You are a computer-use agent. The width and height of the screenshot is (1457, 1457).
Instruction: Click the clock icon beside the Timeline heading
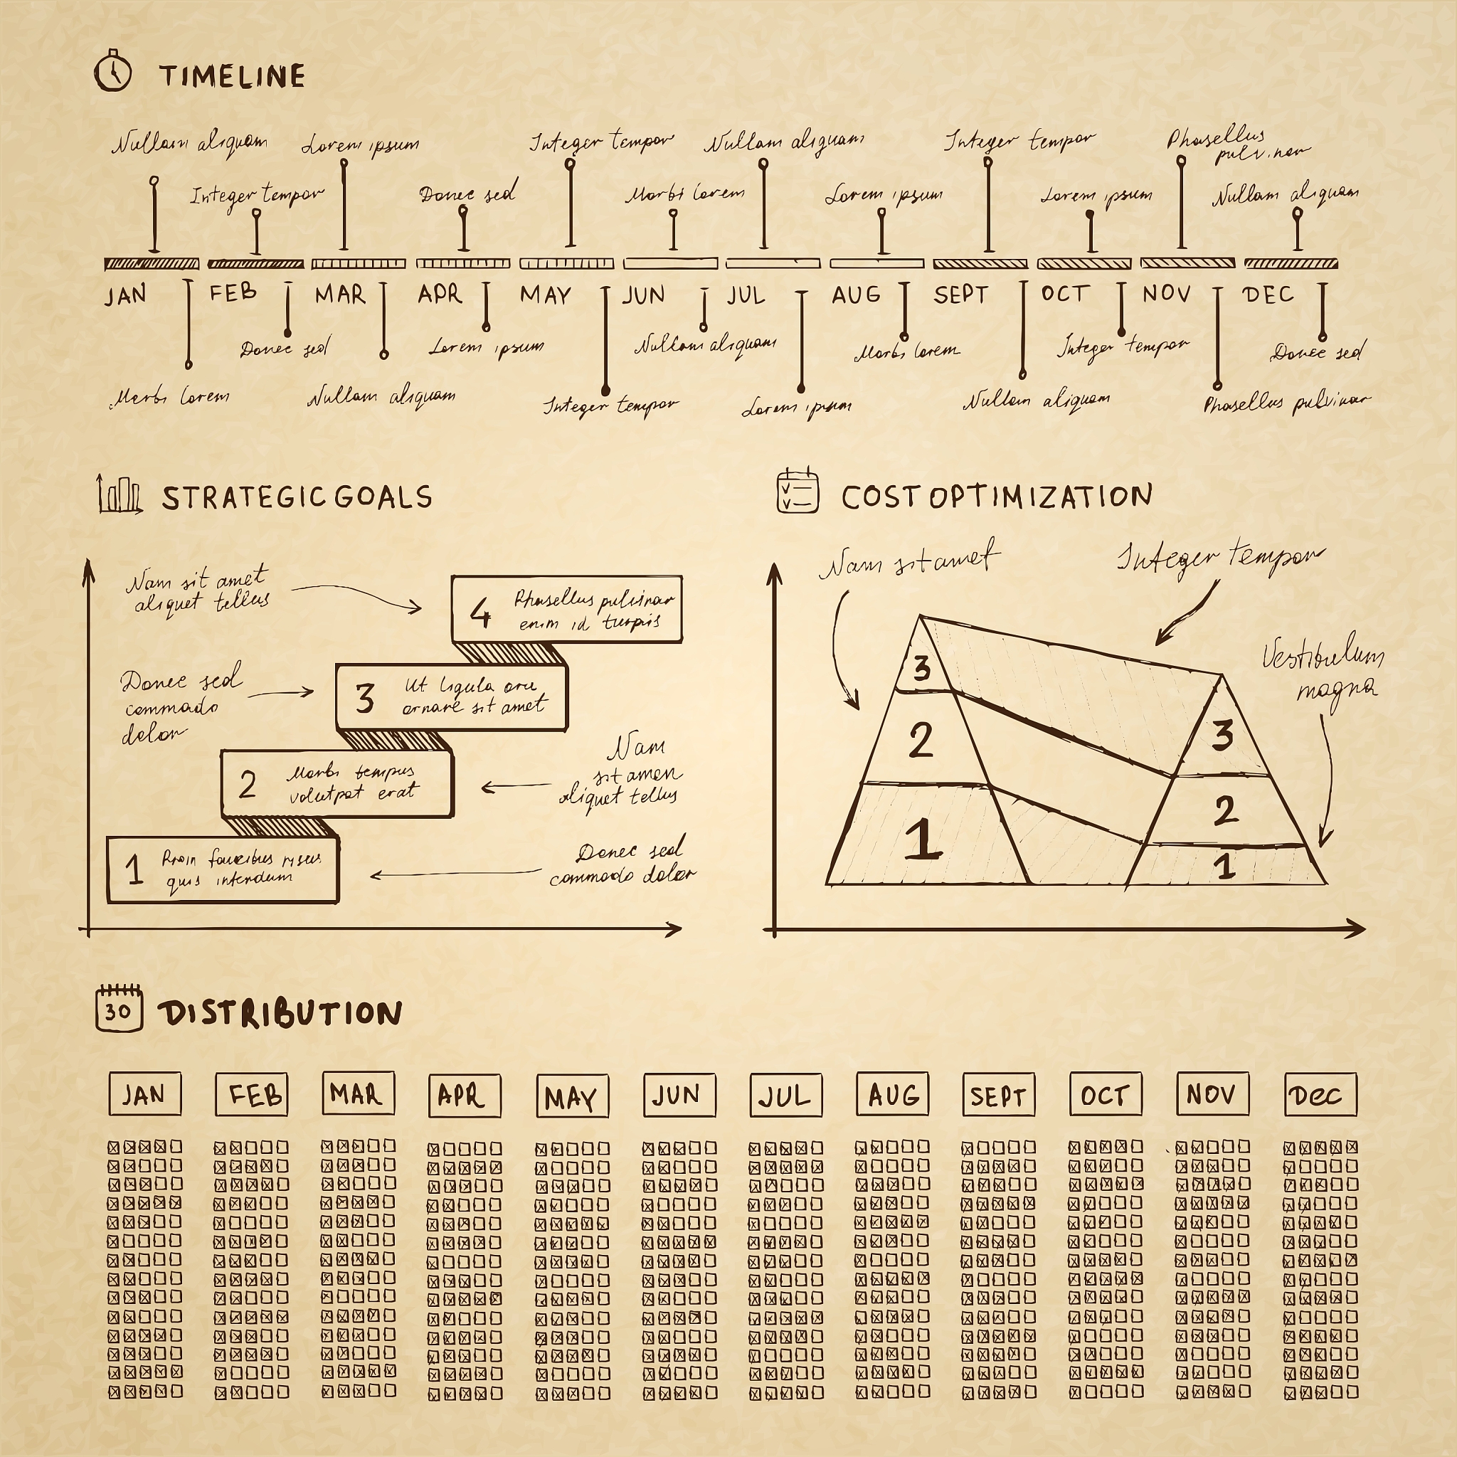coord(113,73)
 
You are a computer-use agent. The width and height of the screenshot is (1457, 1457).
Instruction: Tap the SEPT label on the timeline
coord(960,294)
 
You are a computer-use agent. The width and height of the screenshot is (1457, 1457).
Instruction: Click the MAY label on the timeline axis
coord(545,295)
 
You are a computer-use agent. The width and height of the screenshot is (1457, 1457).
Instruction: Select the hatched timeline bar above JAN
coord(152,264)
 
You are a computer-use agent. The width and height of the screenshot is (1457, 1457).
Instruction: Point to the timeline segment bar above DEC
coord(1291,263)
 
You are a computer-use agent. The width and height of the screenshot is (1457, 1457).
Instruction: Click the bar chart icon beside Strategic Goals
coord(119,494)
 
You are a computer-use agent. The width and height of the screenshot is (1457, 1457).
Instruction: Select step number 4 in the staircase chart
coord(480,612)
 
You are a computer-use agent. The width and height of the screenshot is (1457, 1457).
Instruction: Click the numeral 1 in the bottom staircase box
coord(134,869)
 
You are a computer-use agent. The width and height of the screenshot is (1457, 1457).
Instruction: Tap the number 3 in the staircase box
coord(364,699)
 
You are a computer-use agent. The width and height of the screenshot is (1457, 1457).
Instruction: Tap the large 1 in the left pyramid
coord(922,839)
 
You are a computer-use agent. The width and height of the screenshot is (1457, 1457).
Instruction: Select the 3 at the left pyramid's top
coord(921,668)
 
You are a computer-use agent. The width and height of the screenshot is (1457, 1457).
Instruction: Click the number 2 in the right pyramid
coord(1226,811)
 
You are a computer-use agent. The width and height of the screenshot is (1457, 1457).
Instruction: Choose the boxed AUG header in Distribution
coord(892,1095)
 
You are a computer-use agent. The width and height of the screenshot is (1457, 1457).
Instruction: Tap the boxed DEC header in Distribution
coord(1320,1095)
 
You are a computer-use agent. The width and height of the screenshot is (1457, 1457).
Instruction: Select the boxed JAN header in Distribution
coord(145,1094)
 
